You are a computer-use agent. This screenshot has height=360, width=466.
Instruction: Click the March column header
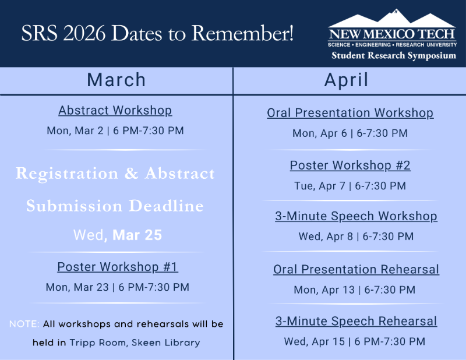(x=116, y=80)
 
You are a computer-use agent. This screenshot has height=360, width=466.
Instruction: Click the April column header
(x=346, y=80)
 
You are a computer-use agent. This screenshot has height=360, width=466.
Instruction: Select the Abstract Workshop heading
(x=115, y=110)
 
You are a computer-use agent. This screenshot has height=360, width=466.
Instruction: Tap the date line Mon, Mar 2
(x=115, y=130)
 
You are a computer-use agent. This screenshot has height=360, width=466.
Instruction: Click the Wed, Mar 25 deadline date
(x=117, y=235)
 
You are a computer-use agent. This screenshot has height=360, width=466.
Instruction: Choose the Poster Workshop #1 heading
(x=117, y=267)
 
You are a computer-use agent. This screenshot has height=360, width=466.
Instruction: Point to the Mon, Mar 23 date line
(x=117, y=287)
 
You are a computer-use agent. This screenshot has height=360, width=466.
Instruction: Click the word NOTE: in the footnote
(x=24, y=323)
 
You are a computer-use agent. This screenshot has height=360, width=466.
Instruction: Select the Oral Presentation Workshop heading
(x=350, y=112)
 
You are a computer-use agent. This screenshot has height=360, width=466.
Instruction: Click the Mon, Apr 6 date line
(x=350, y=133)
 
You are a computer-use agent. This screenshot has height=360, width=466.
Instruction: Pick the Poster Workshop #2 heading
(x=350, y=165)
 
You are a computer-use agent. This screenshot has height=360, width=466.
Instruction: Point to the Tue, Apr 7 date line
(x=350, y=186)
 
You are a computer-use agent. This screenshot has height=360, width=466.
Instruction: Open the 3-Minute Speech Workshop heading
(x=356, y=216)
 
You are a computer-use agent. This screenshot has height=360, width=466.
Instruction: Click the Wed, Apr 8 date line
(x=356, y=237)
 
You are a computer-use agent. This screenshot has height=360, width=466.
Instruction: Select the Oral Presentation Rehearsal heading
(x=356, y=269)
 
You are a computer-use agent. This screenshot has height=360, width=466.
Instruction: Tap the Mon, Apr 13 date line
(x=354, y=290)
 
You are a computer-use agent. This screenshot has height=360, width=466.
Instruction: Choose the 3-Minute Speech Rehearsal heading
(x=356, y=321)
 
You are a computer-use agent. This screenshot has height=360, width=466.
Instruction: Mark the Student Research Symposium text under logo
(x=393, y=55)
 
